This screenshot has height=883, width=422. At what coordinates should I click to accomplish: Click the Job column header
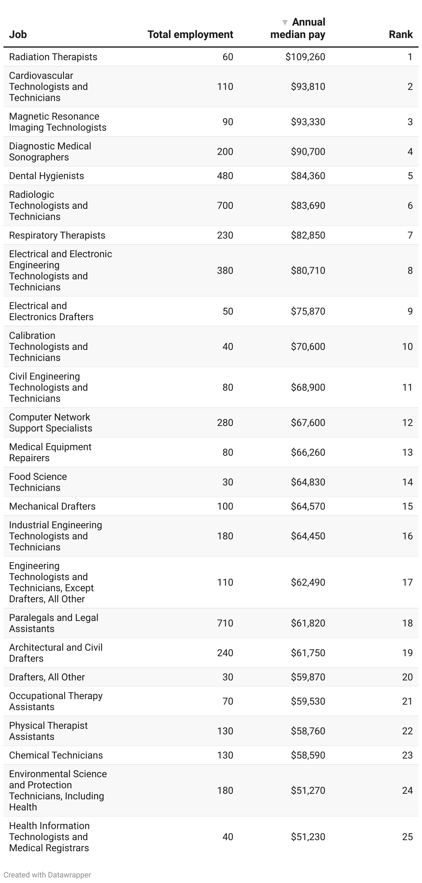click(18, 35)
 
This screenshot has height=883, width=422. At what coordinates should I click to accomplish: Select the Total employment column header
click(190, 35)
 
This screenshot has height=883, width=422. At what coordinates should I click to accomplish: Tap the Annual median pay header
click(298, 28)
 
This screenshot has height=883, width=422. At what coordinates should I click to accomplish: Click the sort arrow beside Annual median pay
click(285, 22)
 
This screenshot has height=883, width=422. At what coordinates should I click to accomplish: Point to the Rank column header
click(401, 35)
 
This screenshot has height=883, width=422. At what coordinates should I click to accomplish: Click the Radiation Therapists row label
click(53, 57)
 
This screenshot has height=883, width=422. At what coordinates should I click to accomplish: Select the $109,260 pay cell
click(305, 57)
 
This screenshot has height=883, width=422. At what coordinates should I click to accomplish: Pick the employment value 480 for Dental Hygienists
click(225, 176)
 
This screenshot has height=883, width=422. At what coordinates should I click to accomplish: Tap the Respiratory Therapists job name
click(57, 235)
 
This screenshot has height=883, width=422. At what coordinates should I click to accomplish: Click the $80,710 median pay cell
click(308, 270)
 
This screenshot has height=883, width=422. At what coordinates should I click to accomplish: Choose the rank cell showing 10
click(407, 346)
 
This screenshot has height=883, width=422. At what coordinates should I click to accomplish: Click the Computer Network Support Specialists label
click(51, 422)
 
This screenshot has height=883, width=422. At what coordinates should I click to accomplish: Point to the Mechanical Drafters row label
click(52, 506)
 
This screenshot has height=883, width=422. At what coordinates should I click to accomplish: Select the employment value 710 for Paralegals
click(225, 623)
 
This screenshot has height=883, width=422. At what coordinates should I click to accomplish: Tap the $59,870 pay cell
click(308, 677)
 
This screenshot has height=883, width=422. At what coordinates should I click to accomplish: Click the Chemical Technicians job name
click(56, 755)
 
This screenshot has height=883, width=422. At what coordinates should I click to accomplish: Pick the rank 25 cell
click(407, 837)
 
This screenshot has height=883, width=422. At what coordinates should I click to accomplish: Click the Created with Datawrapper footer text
click(47, 875)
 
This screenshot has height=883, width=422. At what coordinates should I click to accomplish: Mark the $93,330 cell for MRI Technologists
click(308, 122)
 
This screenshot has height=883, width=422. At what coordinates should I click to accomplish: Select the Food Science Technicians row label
click(38, 482)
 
